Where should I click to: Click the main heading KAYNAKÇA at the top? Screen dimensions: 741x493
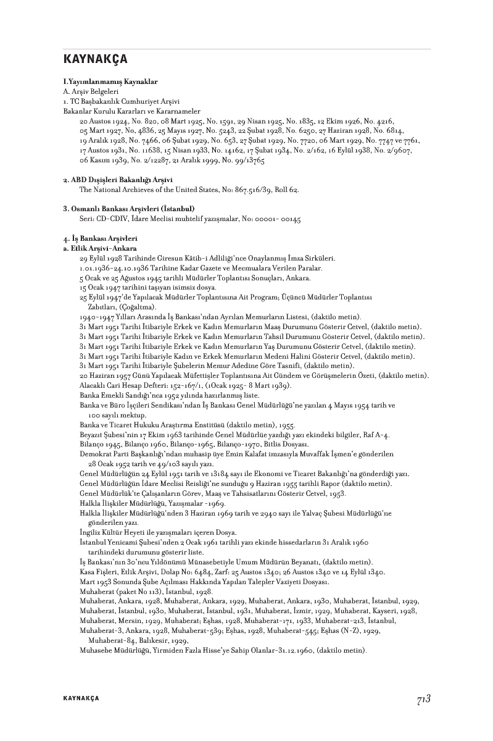95,59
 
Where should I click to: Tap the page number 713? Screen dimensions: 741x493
423,698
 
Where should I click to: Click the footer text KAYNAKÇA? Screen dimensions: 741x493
81,698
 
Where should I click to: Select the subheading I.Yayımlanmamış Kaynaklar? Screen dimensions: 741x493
110,82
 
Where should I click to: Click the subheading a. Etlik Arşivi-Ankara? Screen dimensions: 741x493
100,248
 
